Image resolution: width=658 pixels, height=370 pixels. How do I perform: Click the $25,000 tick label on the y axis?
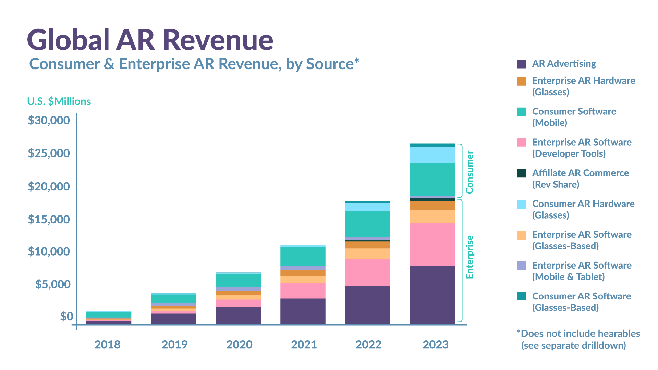(x=49, y=153)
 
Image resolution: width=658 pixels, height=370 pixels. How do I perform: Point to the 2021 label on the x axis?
(x=304, y=344)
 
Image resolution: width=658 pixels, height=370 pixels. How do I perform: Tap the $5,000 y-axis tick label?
(x=53, y=284)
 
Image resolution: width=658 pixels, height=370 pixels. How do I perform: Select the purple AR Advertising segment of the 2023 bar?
(x=432, y=295)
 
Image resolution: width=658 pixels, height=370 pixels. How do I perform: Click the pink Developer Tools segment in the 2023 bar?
(x=432, y=244)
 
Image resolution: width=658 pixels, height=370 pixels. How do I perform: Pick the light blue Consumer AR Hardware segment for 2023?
(x=432, y=155)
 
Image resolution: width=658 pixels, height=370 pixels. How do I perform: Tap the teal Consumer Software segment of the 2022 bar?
(x=368, y=224)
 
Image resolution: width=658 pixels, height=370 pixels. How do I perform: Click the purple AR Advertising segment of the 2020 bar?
(x=238, y=316)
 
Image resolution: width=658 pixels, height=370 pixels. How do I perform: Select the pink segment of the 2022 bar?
(x=368, y=272)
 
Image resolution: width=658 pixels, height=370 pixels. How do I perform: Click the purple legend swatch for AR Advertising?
(x=521, y=64)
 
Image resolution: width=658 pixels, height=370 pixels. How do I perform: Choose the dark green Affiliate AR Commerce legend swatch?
(x=521, y=173)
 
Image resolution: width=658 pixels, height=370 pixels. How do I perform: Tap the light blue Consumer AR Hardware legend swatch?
(x=521, y=205)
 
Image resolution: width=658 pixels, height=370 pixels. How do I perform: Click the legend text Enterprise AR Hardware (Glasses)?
(x=584, y=86)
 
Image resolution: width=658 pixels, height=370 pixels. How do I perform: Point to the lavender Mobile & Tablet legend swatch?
(x=521, y=266)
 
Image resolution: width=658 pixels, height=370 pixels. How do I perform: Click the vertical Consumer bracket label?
(x=470, y=172)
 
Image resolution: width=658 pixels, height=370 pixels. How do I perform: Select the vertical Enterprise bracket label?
(x=470, y=257)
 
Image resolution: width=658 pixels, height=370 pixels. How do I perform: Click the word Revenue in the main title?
(x=218, y=40)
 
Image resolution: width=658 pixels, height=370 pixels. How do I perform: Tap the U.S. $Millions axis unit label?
(x=59, y=101)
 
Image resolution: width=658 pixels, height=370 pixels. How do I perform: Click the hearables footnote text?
(x=578, y=340)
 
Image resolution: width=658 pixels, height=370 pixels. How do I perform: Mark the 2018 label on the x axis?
(x=107, y=344)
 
